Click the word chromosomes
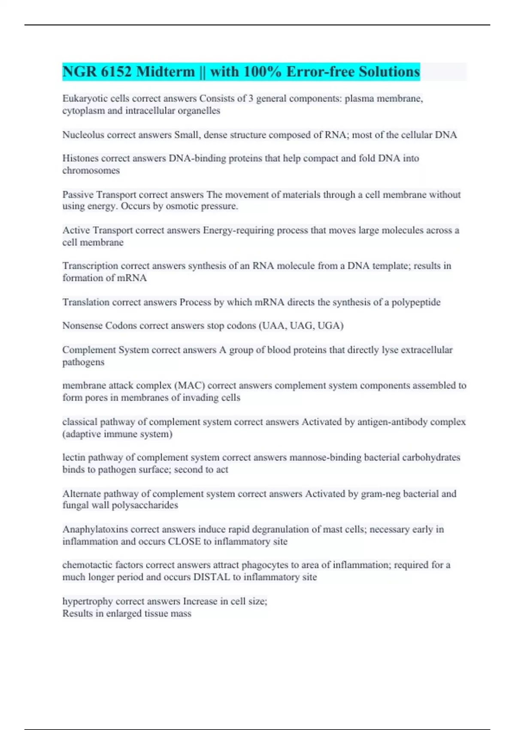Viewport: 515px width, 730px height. pos(91,170)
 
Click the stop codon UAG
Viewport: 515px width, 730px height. pos(302,325)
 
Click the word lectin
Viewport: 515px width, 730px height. pos(74,457)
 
